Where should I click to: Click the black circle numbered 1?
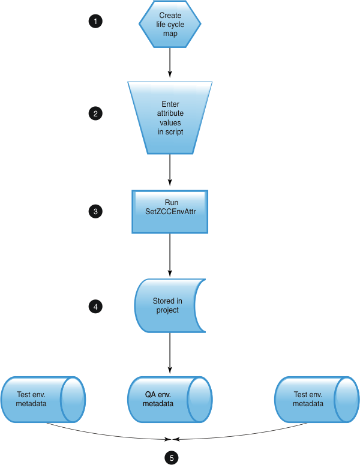point(95,22)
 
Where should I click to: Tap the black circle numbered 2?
point(95,113)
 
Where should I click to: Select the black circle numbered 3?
point(95,211)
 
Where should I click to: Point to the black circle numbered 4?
point(95,307)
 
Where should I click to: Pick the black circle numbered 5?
point(172,457)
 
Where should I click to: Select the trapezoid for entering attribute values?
point(170,118)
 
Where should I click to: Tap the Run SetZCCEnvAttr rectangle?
point(170,212)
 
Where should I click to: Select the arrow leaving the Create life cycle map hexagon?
point(170,62)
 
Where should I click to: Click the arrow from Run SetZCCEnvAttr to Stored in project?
point(170,255)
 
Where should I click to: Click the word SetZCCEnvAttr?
point(171,212)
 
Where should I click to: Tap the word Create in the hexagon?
point(170,15)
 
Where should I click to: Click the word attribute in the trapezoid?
point(170,113)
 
